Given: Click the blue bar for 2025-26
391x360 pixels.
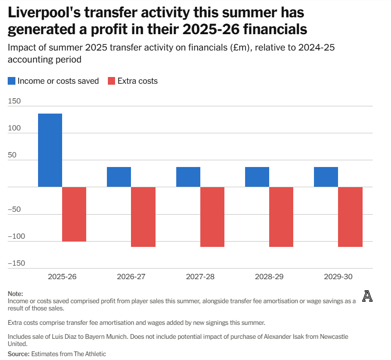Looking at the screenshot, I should coord(50,150).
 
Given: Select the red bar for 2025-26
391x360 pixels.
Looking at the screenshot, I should coord(74,214).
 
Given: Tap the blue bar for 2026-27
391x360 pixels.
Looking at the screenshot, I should coord(119,177).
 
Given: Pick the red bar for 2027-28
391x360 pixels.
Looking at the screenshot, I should coord(212,217).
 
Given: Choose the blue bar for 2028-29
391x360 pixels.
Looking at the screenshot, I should coord(257,177).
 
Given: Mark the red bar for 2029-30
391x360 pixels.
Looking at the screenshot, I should coord(350,217).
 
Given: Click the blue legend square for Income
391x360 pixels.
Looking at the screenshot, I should coord(12,81).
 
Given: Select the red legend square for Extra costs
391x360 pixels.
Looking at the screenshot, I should coord(112,81).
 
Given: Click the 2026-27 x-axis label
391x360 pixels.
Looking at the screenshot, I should coord(131,277).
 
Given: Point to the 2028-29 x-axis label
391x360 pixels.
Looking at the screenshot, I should coord(269,277).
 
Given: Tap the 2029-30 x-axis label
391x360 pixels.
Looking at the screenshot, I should coord(338,277).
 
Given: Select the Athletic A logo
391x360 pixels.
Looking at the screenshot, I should coord(368,297).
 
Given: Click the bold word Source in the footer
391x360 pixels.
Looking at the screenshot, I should coord(18,354).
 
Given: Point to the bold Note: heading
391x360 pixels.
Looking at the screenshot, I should coord(15,294).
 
